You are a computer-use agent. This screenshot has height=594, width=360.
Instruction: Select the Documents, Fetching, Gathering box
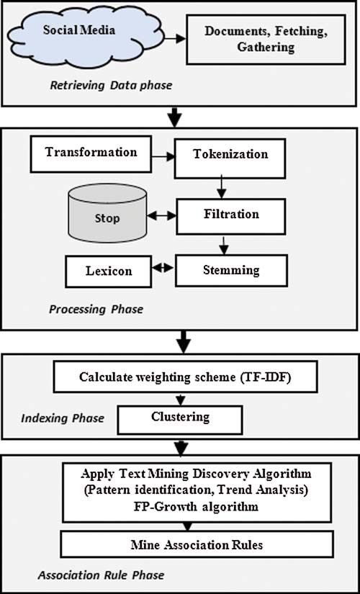pyautogui.click(x=266, y=40)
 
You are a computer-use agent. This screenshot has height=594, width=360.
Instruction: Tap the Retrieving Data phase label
pyautogui.click(x=111, y=85)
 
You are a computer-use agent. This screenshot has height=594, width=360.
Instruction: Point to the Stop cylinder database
pyautogui.click(x=107, y=213)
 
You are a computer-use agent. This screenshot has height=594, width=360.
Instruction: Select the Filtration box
pyautogui.click(x=231, y=216)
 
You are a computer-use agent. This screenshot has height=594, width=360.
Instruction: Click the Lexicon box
pyautogui.click(x=109, y=271)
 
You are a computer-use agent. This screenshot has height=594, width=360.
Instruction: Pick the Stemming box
pyautogui.click(x=231, y=270)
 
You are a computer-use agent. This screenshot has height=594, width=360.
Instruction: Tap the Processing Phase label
pyautogui.click(x=96, y=309)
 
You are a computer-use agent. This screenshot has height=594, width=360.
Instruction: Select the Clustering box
pyautogui.click(x=180, y=420)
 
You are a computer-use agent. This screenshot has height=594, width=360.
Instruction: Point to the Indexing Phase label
pyautogui.click(x=62, y=418)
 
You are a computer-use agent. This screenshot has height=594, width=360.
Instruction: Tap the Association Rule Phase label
pyautogui.click(x=101, y=575)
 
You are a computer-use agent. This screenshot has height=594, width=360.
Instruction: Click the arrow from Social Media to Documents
pyautogui.click(x=175, y=38)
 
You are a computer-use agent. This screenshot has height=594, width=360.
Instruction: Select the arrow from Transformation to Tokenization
pyautogui.click(x=163, y=156)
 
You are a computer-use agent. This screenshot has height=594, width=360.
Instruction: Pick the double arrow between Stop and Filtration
pyautogui.click(x=161, y=216)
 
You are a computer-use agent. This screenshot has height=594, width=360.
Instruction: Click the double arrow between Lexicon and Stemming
pyautogui.click(x=163, y=267)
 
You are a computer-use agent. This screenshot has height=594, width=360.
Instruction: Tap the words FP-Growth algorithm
pyautogui.click(x=197, y=506)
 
